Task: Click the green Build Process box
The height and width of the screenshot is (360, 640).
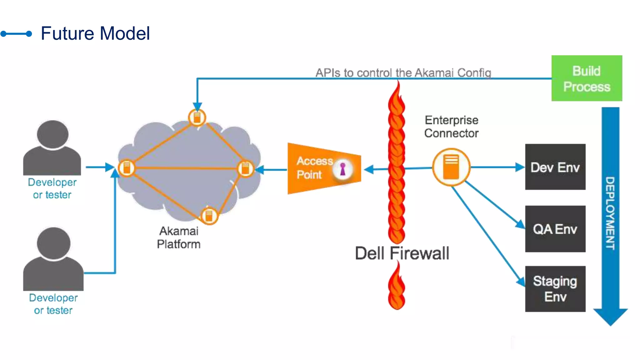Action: pyautogui.click(x=587, y=78)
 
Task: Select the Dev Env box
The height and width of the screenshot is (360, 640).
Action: pyautogui.click(x=555, y=167)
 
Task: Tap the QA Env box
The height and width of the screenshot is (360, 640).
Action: pyautogui.click(x=555, y=229)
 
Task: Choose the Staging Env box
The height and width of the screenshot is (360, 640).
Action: pyautogui.click(x=555, y=289)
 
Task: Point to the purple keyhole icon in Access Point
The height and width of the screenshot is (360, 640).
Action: pyautogui.click(x=343, y=169)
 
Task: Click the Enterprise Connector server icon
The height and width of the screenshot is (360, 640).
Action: pyautogui.click(x=451, y=167)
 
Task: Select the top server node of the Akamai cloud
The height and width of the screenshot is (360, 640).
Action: pyautogui.click(x=197, y=117)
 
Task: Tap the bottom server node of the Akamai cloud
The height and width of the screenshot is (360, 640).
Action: pyautogui.click(x=209, y=216)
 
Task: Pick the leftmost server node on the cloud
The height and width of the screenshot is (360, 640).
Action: pyautogui.click(x=127, y=168)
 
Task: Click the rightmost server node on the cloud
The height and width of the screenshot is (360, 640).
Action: pyautogui.click(x=246, y=168)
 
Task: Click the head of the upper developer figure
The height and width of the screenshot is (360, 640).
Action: pyautogui.click(x=52, y=134)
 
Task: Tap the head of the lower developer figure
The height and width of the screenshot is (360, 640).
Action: pyautogui.click(x=53, y=243)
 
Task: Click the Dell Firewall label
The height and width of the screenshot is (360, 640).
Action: pyautogui.click(x=402, y=253)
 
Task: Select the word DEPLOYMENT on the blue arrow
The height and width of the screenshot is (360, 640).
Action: pyautogui.click(x=610, y=213)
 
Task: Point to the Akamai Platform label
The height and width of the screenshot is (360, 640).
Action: pyautogui.click(x=179, y=237)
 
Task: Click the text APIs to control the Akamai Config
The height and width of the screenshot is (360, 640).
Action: pyautogui.click(x=403, y=73)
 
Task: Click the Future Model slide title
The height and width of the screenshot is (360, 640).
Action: pyautogui.click(x=95, y=33)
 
